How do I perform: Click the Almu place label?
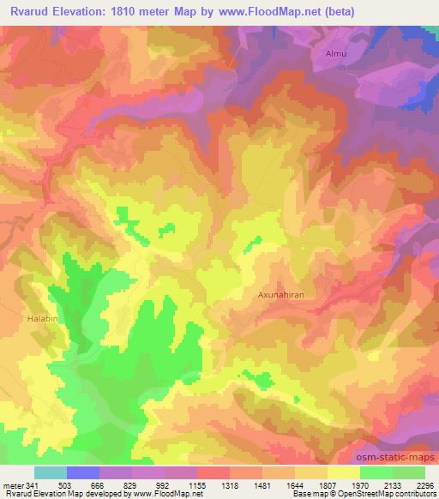(335, 54)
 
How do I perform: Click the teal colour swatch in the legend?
(51, 472)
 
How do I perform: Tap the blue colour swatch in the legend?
(83, 472)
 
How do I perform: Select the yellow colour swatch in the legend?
(344, 472)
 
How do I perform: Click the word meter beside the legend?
(14, 484)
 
